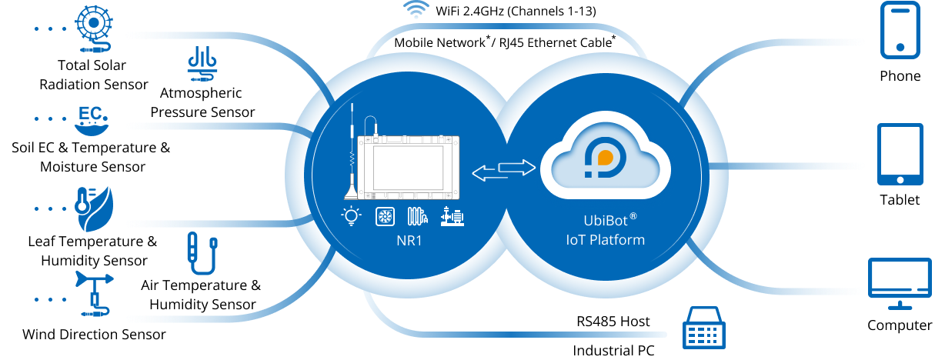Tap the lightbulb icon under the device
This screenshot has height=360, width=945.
[x=352, y=217]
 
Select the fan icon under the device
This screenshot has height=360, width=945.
[x=385, y=217]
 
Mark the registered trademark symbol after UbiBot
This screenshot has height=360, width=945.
[x=633, y=216]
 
